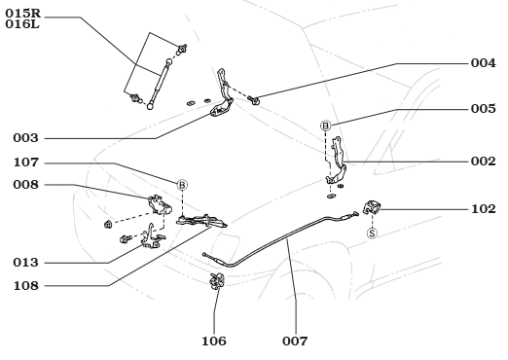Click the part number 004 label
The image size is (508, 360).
(483, 63)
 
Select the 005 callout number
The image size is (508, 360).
(483, 109)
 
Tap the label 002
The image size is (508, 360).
(483, 162)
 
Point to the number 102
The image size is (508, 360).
(484, 209)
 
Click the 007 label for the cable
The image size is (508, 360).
(295, 342)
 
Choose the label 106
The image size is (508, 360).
(214, 342)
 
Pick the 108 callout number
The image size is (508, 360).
(26, 286)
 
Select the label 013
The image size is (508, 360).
(26, 263)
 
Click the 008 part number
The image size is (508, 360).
(26, 185)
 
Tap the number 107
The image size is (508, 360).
(26, 162)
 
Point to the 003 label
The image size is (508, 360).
(26, 138)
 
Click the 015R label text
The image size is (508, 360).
(23, 14)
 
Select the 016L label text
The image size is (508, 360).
(22, 24)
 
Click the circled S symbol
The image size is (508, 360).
(373, 233)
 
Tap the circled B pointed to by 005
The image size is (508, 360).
(326, 126)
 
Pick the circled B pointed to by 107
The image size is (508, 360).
(183, 185)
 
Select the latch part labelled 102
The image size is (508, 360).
(372, 207)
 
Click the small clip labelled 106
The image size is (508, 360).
(217, 281)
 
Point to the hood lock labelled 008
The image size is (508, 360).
(160, 205)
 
